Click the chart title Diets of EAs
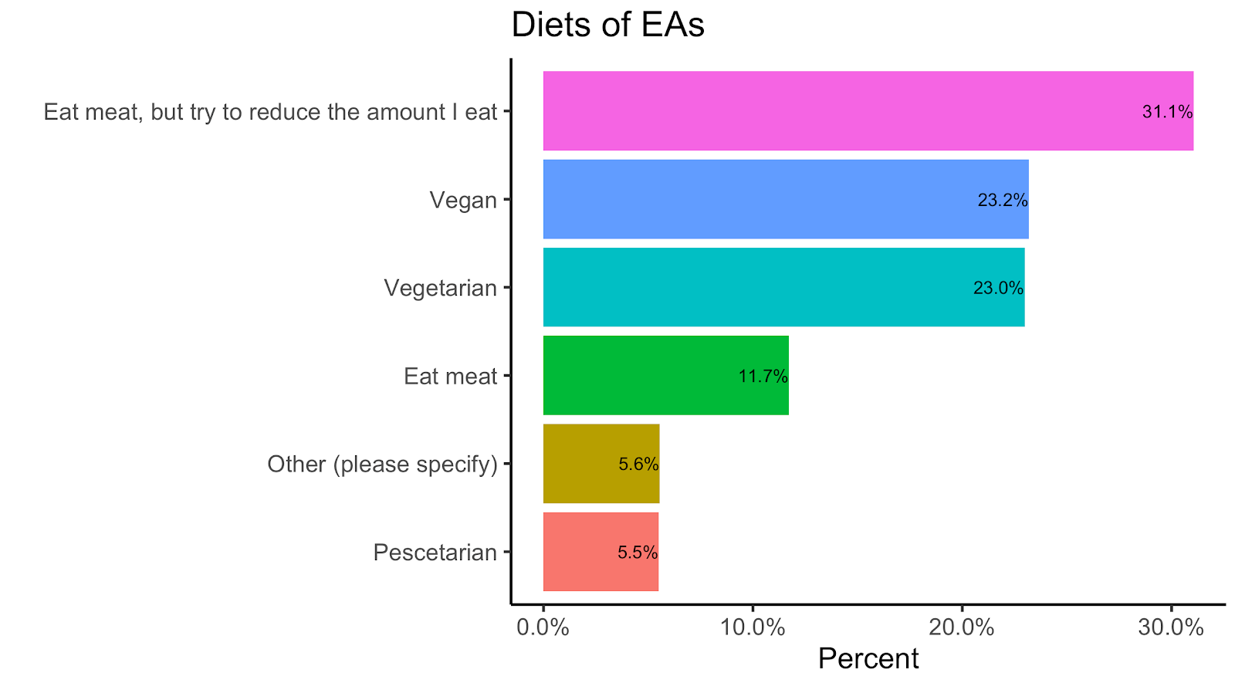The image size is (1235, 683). pos(607,25)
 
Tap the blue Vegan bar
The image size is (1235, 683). pos(756,199)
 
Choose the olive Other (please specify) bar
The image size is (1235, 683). pos(579,463)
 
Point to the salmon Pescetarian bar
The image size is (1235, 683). pos(579,552)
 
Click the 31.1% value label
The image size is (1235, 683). pos(1167,112)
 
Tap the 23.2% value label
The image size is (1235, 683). pos(1003,201)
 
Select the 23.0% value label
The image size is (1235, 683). pos(998,289)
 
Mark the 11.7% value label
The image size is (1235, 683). pos(763,377)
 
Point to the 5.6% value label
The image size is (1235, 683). pos(638,465)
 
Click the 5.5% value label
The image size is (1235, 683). pos(638,553)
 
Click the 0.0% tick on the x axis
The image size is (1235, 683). pos(543,627)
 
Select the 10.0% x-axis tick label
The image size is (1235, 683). pos(752,627)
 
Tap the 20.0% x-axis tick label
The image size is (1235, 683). pos(961,627)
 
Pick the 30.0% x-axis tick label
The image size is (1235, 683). pos(1171,627)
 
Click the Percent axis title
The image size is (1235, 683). pos(868,659)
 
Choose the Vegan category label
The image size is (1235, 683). pos(463,201)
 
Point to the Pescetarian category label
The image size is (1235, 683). pos(435,553)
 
